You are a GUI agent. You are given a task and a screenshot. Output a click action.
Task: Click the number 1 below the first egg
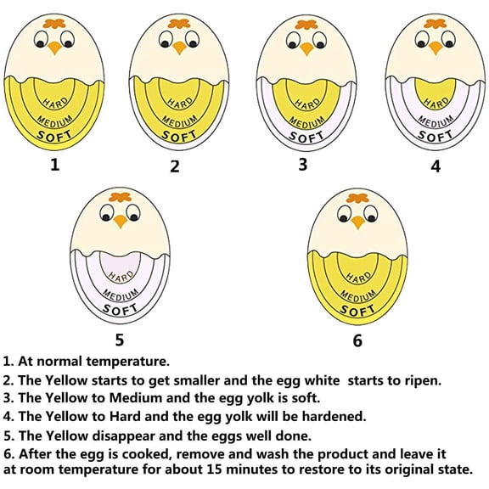click(x=55, y=164)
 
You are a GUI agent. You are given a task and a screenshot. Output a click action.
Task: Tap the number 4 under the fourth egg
click(x=436, y=166)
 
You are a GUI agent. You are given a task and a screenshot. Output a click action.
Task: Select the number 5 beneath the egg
click(x=120, y=340)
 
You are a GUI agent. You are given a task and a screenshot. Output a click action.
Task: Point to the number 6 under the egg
click(x=357, y=341)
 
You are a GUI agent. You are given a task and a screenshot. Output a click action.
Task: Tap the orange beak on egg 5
click(x=121, y=221)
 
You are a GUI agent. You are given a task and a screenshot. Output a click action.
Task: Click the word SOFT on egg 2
click(x=178, y=135)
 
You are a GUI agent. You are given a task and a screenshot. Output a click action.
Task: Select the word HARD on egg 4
click(x=436, y=103)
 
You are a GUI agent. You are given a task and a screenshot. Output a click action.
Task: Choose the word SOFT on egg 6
click(x=357, y=309)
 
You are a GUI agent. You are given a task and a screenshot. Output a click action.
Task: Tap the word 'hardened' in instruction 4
click(x=334, y=416)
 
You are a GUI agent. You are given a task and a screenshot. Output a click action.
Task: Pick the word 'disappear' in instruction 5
click(x=120, y=435)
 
